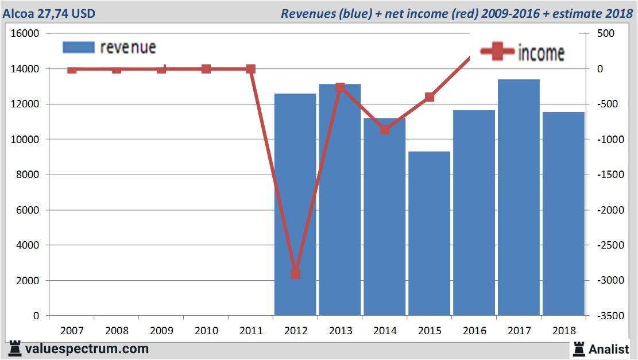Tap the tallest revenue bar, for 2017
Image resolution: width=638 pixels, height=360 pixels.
point(519,198)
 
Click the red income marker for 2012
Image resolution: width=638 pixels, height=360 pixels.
point(295,274)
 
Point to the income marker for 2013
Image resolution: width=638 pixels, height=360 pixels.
point(340,87)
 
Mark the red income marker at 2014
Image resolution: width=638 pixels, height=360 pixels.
point(385,129)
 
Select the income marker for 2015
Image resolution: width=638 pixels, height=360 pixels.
point(430,97)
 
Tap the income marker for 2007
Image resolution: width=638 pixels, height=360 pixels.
point(72,69)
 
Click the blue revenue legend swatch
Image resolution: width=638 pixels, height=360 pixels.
point(78,47)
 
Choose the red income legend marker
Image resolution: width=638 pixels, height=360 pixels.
point(497,52)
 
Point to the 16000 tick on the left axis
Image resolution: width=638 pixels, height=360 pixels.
point(25,34)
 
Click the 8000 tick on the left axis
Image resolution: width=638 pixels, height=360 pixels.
point(27,175)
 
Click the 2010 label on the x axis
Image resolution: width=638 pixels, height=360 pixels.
point(206,331)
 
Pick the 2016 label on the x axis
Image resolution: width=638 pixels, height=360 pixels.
point(474,331)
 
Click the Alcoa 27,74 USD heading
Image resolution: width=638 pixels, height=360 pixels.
point(49,13)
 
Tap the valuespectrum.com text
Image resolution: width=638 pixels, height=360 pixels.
point(86,349)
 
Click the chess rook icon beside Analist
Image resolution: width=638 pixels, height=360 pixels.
point(578,349)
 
